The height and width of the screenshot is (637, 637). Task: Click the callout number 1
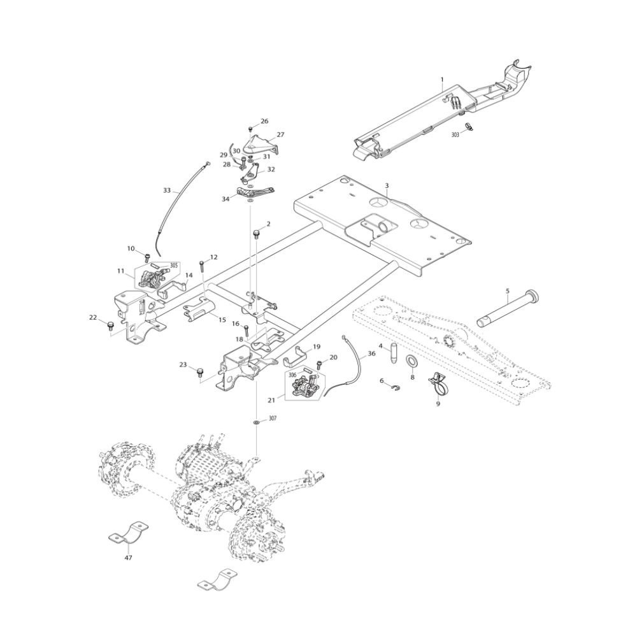tap(441, 80)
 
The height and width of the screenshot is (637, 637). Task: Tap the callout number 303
tap(455, 135)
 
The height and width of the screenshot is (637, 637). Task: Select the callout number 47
tap(129, 557)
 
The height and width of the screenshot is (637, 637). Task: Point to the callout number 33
tap(167, 190)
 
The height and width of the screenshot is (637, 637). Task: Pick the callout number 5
tap(508, 291)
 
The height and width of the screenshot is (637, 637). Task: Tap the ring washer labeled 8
tap(412, 362)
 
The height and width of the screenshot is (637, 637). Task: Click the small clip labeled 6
tap(393, 390)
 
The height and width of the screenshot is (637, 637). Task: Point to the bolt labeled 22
tap(110, 326)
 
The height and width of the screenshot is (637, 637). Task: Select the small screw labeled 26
tap(251, 129)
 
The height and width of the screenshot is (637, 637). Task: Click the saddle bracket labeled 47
tap(127, 534)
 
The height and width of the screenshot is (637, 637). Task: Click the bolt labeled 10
tap(147, 257)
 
